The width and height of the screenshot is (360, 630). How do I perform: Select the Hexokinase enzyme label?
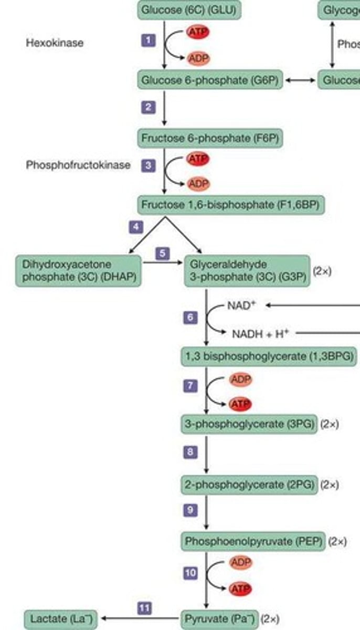coord(55,43)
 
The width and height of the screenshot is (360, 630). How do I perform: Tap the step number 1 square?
coord(149,40)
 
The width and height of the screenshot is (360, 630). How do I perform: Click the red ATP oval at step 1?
coord(198,33)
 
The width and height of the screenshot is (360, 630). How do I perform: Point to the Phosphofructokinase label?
coord(78,165)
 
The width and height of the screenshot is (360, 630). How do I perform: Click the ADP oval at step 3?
coord(198,184)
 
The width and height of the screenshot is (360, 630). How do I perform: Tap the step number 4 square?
coord(136,227)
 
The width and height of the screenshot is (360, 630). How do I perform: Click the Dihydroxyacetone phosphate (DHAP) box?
coord(78,270)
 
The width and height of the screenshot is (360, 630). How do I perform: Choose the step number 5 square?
coord(163,253)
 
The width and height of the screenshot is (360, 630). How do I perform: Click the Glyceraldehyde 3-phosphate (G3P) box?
coord(247,270)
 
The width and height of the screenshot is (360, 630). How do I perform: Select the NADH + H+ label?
coord(261,333)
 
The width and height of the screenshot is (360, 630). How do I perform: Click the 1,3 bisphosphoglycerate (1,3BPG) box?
coord(268,356)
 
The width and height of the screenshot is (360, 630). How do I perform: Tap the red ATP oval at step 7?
coord(240,404)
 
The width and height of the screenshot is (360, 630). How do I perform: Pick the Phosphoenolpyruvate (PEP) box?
coord(253,541)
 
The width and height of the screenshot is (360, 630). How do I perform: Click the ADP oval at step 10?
coord(240,563)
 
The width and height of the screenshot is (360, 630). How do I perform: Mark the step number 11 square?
coord(145,608)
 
